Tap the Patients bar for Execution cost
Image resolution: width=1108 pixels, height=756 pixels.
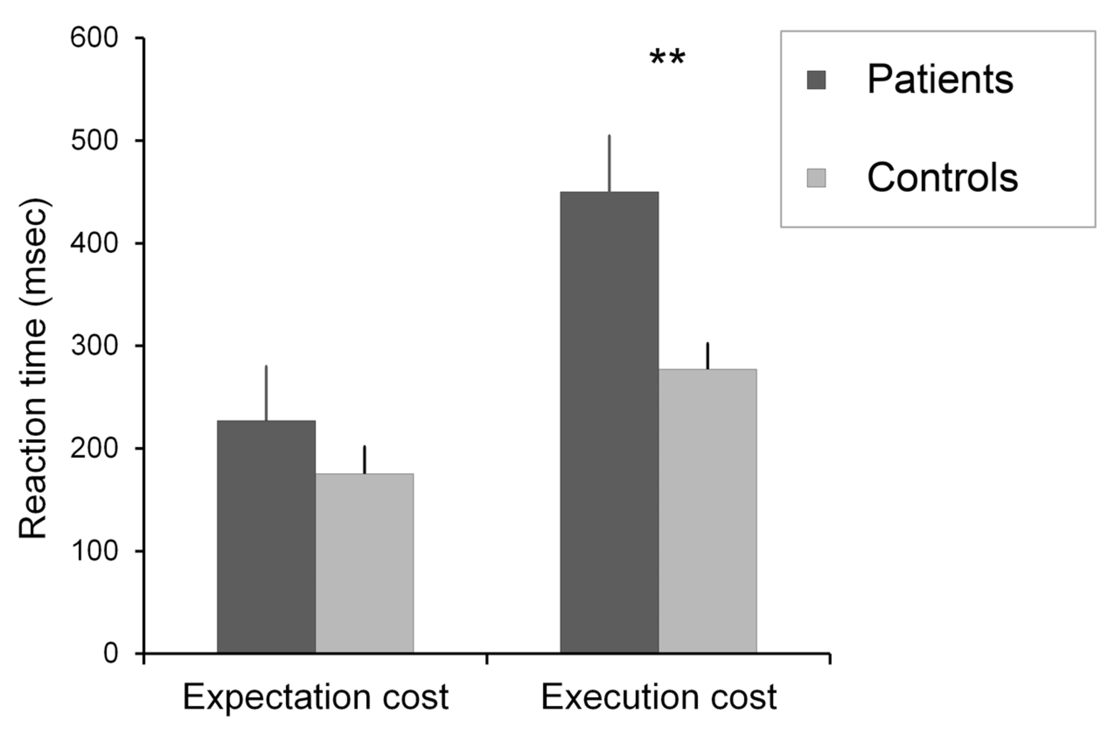[x=609, y=422]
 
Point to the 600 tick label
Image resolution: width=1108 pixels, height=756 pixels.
[x=94, y=38]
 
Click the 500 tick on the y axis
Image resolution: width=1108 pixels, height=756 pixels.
[x=94, y=140]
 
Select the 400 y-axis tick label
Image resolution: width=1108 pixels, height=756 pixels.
[x=94, y=243]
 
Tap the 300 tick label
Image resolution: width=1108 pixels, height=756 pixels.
[x=94, y=345]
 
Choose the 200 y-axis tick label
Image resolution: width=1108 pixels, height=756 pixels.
[x=94, y=448]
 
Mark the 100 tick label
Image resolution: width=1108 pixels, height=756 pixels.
[x=94, y=551]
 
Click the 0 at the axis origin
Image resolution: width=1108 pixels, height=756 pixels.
[x=110, y=653]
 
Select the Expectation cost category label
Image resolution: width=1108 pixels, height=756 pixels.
[x=315, y=697]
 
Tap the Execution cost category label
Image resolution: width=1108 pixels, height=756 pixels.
[x=658, y=697]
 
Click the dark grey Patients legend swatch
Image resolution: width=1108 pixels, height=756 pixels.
[x=816, y=80]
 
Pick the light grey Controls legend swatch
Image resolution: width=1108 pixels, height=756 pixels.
[x=816, y=178]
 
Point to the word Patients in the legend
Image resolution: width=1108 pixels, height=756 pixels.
[x=940, y=80]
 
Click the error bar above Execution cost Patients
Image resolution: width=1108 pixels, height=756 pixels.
[x=609, y=163]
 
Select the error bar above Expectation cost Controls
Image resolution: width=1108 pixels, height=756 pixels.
[x=364, y=459]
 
